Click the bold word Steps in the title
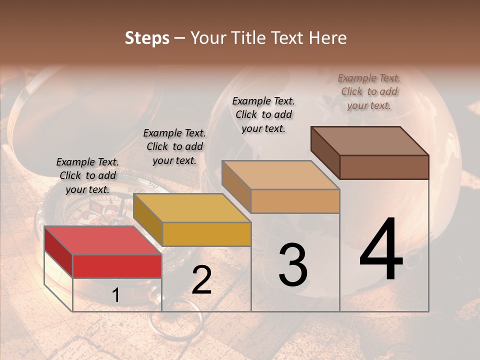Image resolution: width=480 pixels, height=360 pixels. [x=147, y=38]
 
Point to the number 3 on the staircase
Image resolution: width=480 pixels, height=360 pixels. [x=293, y=264]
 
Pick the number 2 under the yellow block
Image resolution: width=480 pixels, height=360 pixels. [x=201, y=280]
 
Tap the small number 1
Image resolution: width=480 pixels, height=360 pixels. [x=116, y=295]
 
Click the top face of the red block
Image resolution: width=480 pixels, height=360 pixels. [x=102, y=240]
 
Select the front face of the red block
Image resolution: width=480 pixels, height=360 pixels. [x=117, y=266]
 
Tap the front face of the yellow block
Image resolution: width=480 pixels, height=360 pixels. [x=206, y=234]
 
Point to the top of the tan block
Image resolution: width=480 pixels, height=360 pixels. [x=280, y=175]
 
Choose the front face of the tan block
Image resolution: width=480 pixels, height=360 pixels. [x=295, y=201]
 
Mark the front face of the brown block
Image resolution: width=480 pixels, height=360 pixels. [x=384, y=167]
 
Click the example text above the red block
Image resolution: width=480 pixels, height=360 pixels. [x=87, y=175]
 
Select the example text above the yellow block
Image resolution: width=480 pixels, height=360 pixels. [x=174, y=146]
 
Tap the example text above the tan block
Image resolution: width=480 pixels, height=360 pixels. [x=263, y=114]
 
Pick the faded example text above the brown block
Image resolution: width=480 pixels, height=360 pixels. [x=369, y=91]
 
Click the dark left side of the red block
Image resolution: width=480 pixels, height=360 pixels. [x=58, y=251]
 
